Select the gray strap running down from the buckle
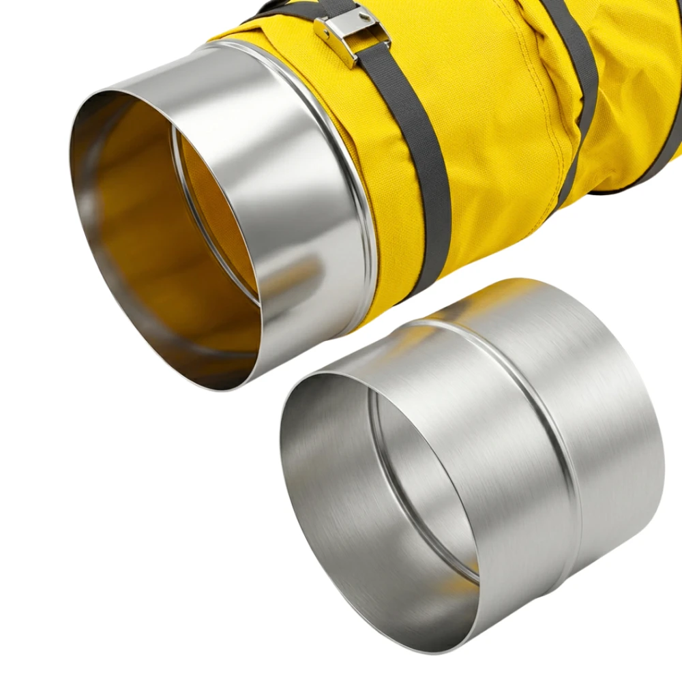[x=416, y=170]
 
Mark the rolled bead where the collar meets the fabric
[x=361, y=205]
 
